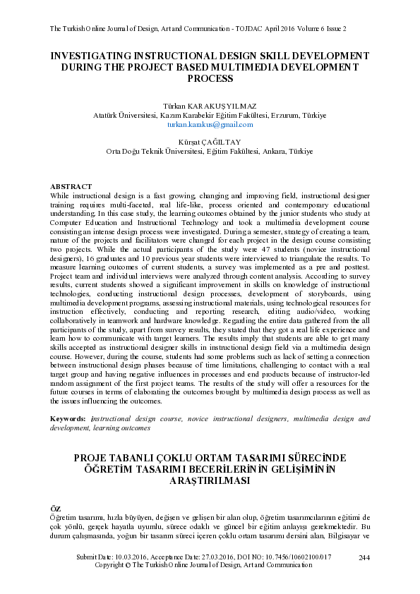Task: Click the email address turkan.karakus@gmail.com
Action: click(210, 124)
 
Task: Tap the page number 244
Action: click(364, 558)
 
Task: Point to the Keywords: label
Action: click(69, 419)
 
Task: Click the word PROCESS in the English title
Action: click(210, 78)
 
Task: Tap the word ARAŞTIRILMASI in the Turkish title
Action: click(210, 480)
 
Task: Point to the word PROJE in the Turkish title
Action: click(94, 458)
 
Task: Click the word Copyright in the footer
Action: click(112, 565)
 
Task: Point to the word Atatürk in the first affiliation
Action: click(107, 115)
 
